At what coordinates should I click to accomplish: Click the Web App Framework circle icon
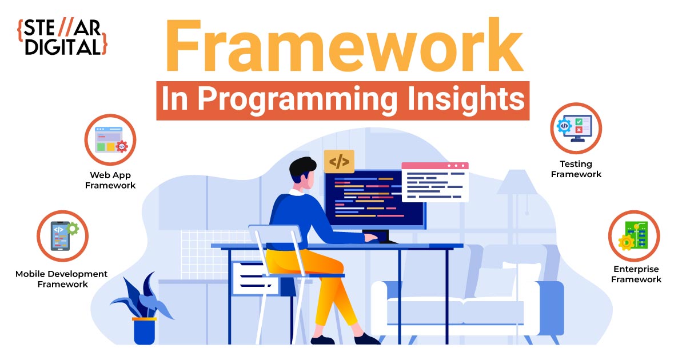point(110,139)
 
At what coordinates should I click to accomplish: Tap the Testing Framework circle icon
point(576,128)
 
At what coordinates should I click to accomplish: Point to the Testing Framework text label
point(576,169)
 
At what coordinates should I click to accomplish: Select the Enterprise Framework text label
point(636,274)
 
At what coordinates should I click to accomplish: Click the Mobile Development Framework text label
point(62,279)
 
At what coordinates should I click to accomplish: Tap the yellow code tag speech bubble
point(339,162)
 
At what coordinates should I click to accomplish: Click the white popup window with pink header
point(435,182)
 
